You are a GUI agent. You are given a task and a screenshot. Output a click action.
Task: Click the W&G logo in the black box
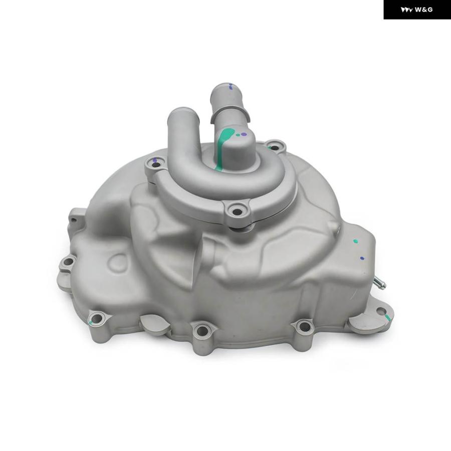coord(417,10)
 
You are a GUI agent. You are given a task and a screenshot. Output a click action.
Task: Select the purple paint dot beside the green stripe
coord(244,134)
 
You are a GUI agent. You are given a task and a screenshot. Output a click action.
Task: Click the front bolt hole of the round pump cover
coord(237,212)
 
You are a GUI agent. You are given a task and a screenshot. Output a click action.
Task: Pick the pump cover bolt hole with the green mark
coord(275,148)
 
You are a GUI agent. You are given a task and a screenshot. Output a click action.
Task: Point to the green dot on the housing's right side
coord(356,241)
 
